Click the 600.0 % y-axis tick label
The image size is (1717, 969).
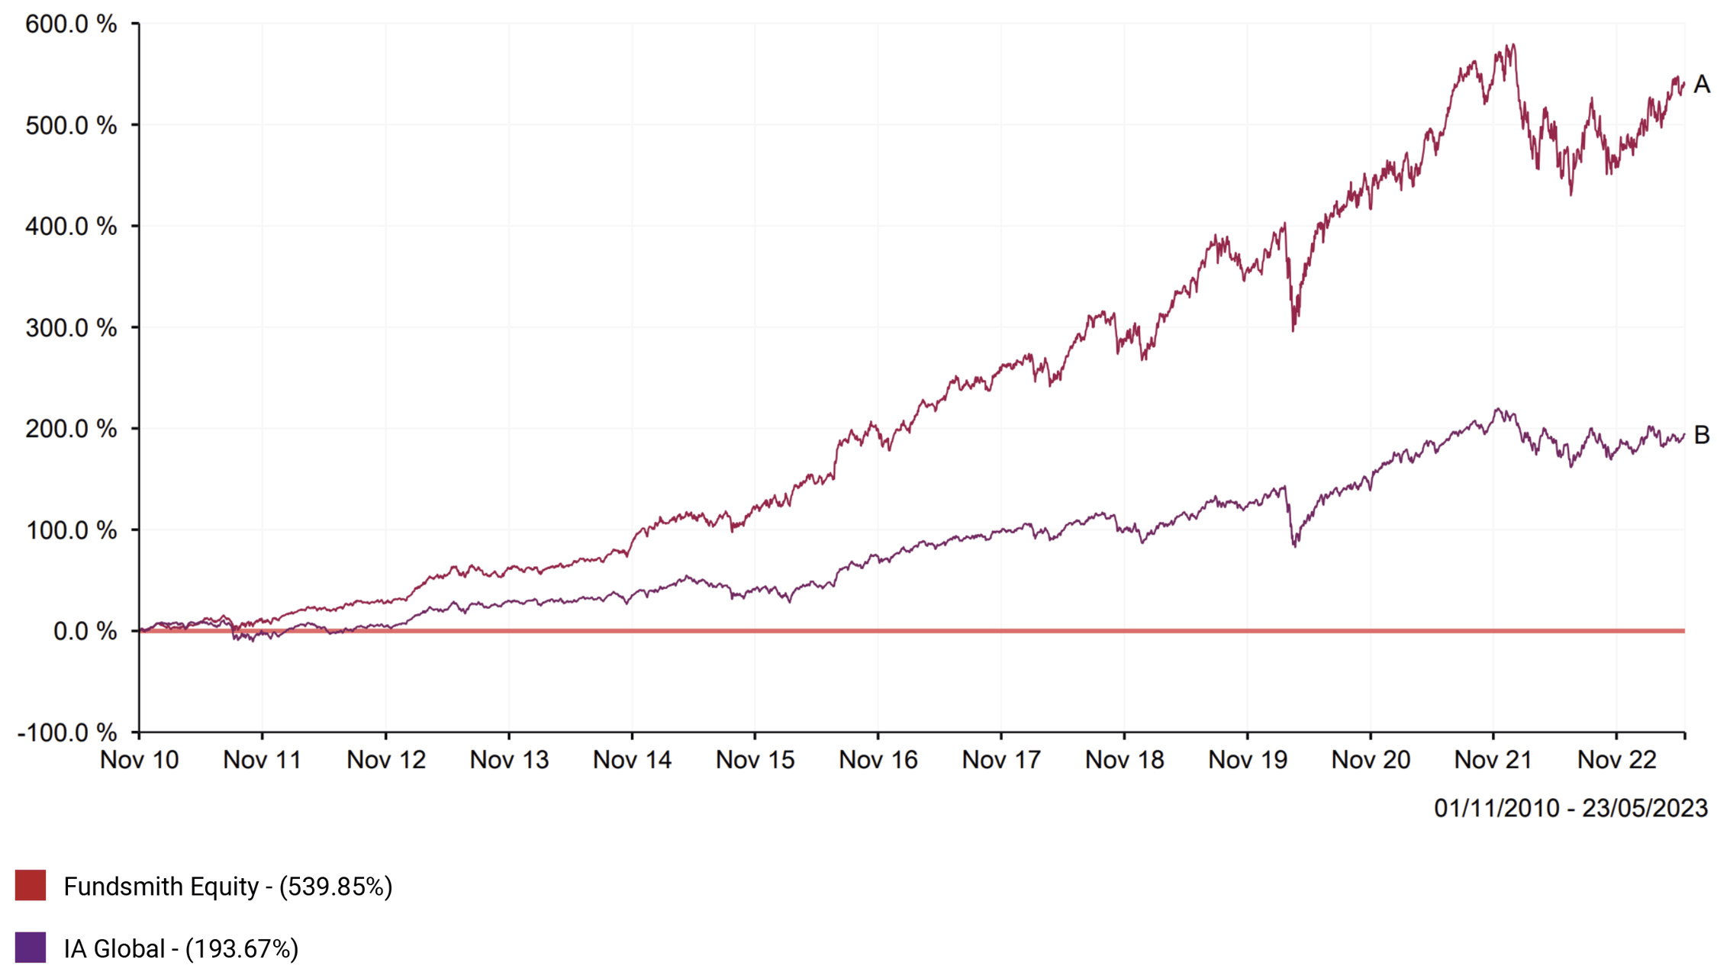click(71, 24)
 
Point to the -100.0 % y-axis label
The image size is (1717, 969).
click(67, 732)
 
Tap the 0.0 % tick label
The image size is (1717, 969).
click(85, 631)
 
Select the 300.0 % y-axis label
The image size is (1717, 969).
click(71, 328)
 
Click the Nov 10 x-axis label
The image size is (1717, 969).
click(139, 760)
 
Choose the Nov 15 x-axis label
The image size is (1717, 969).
click(755, 760)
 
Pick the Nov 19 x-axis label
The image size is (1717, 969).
click(1248, 760)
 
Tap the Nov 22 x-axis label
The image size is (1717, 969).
click(1616, 760)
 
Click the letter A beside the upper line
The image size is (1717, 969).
click(1701, 84)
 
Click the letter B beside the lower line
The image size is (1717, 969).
click(1701, 435)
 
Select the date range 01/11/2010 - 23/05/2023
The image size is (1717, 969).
click(1570, 808)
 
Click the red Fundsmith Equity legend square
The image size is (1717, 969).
click(31, 885)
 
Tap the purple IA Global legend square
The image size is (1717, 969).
click(31, 948)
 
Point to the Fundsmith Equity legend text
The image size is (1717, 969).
click(227, 886)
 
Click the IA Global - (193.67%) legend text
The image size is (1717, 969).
click(181, 948)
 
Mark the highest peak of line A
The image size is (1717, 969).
click(1513, 45)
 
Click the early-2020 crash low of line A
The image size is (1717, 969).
click(1293, 330)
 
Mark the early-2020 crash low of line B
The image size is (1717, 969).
click(1295, 546)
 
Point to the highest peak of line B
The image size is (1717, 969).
click(1499, 409)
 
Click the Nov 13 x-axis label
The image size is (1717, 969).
click(509, 760)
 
